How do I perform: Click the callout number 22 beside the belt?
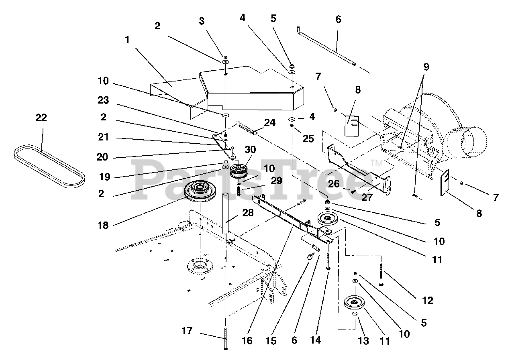point(41,118)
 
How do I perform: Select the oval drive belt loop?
point(49,166)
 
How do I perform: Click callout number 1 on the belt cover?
point(127,40)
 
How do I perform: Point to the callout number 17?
point(187,331)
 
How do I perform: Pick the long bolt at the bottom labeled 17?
point(226,339)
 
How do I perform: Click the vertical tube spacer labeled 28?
point(226,214)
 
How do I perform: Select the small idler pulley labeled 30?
point(239,171)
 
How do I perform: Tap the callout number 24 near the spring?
point(269,123)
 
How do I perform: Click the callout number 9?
point(426,67)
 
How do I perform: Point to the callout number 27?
point(367,197)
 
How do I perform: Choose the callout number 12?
point(428,300)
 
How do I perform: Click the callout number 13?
point(363,341)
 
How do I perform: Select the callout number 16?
point(247,341)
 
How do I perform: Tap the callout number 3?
point(202,21)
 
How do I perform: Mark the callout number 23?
point(103,100)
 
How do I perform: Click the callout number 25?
point(308,139)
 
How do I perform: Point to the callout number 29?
point(277,181)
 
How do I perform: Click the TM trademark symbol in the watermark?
point(377,163)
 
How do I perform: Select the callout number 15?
point(271,341)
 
